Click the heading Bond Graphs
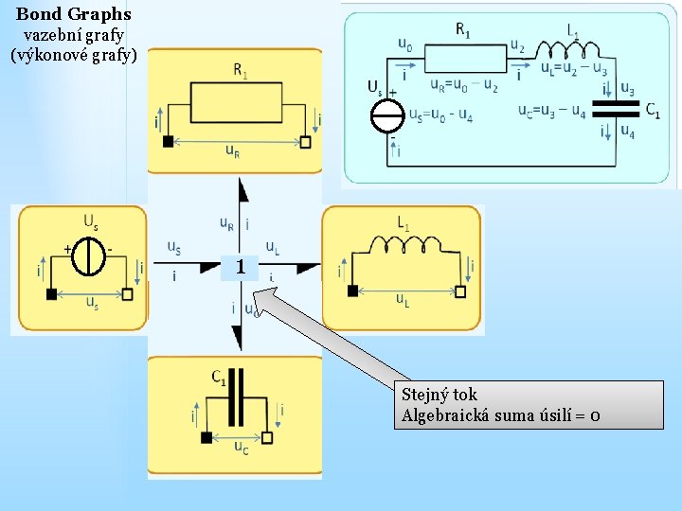(x=74, y=14)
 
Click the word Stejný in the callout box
(x=426, y=395)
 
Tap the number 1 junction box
(x=241, y=268)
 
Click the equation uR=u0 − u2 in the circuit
(x=464, y=86)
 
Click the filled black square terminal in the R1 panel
(x=168, y=142)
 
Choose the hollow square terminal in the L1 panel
(x=460, y=291)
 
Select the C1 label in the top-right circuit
(x=653, y=110)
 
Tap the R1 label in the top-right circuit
(x=463, y=30)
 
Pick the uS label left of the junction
(x=174, y=248)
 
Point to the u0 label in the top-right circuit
(x=404, y=44)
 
